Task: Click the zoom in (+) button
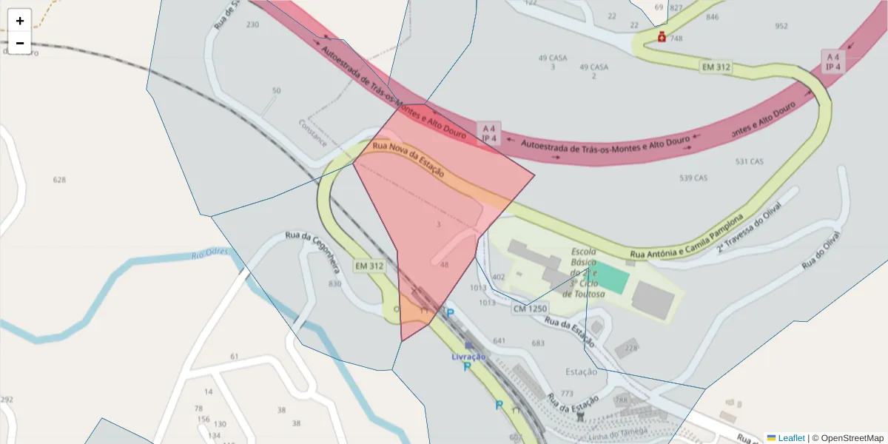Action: pos(20,21)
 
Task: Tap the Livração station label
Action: pos(468,357)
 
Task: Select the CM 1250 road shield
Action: pos(529,308)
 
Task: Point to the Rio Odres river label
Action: pos(210,254)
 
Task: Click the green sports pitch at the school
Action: pos(610,278)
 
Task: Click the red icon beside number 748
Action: pos(662,37)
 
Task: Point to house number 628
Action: pos(60,180)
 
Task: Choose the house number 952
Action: pos(781,27)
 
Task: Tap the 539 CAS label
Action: pos(693,178)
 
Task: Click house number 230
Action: pos(252,24)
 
